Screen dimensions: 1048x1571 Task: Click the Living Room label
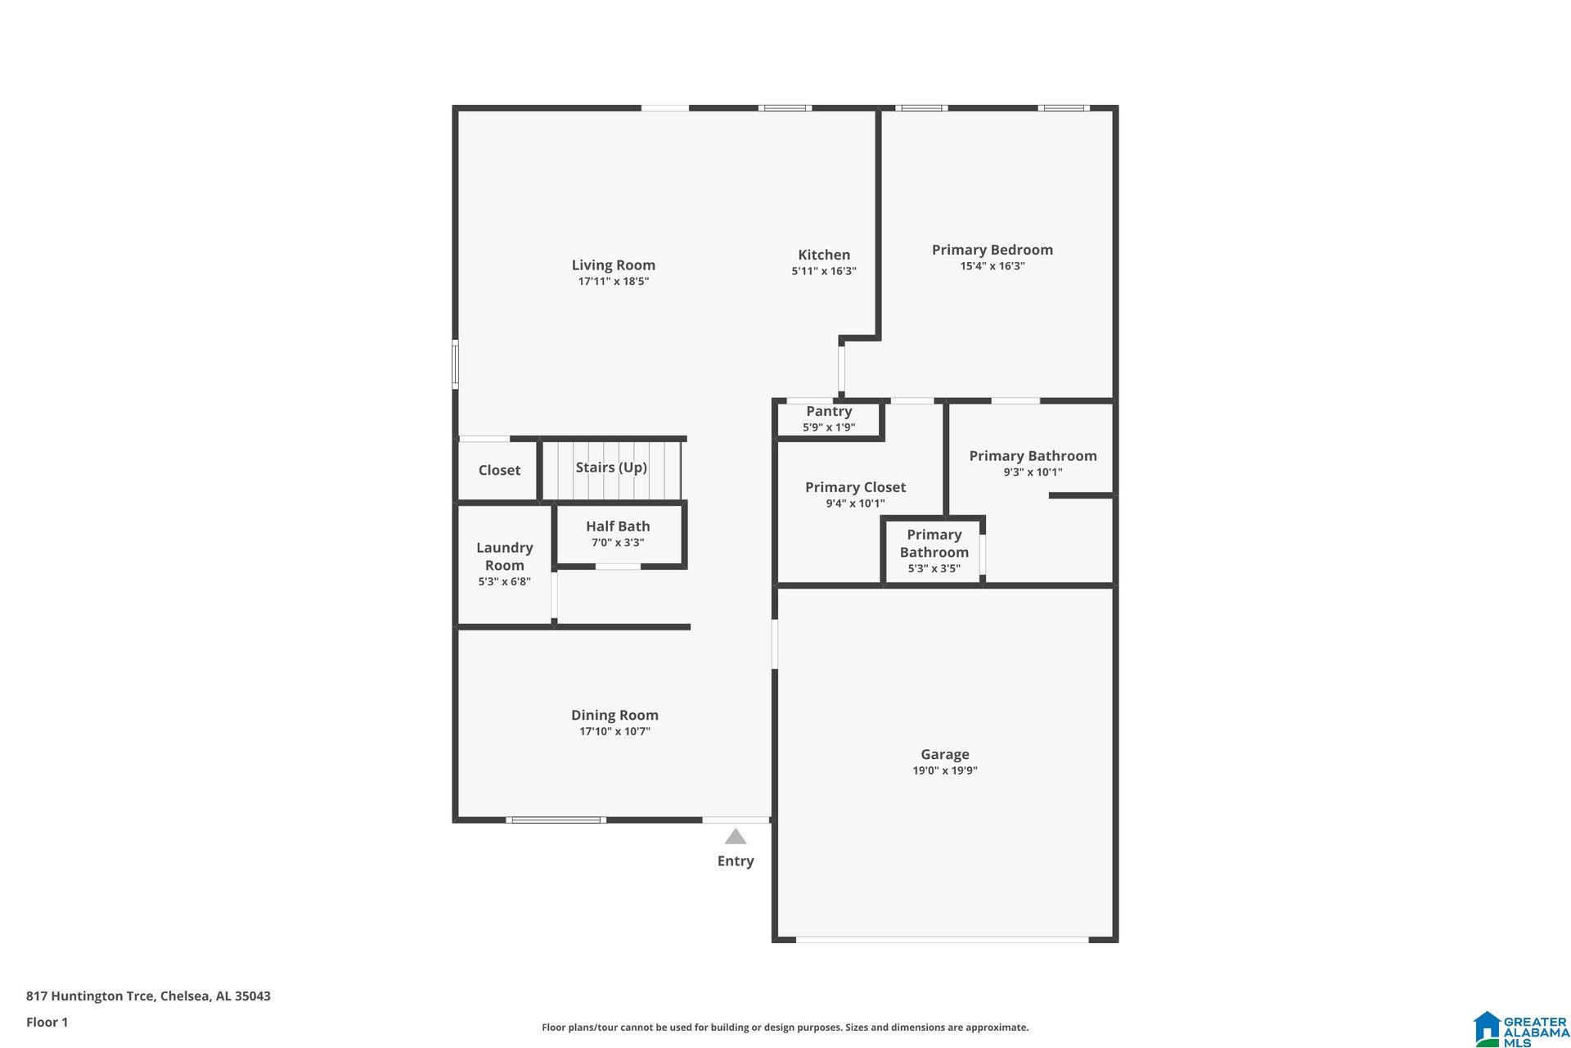point(613,265)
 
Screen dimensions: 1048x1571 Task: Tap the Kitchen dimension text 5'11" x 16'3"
point(823,271)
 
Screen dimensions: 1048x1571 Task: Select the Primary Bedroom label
point(992,250)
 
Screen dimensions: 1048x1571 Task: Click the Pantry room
point(829,418)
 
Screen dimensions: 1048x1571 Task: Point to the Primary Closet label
point(855,487)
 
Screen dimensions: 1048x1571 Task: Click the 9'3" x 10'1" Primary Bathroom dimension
point(1033,472)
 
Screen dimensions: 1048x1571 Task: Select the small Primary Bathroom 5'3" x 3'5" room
point(934,551)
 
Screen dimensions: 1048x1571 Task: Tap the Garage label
point(944,754)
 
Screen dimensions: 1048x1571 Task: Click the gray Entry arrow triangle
point(736,837)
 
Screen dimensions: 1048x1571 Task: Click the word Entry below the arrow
point(736,861)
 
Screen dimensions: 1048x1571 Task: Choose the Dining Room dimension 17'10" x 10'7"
point(614,731)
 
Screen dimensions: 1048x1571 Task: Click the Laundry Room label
point(504,556)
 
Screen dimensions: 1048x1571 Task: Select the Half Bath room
point(618,534)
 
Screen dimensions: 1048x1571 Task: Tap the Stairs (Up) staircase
point(611,469)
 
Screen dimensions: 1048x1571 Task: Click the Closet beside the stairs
point(498,470)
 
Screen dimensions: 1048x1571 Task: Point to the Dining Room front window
point(556,820)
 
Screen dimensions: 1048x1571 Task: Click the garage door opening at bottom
point(942,940)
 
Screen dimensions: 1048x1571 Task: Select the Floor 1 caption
point(47,1022)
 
